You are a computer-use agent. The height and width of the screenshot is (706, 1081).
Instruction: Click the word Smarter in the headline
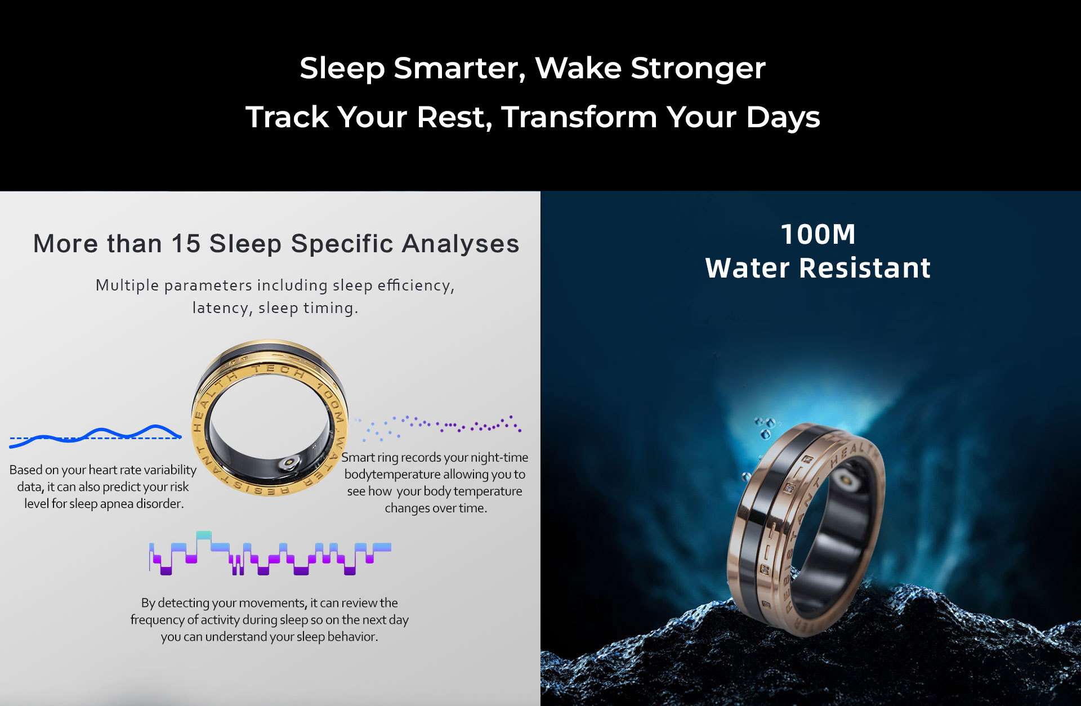click(x=459, y=69)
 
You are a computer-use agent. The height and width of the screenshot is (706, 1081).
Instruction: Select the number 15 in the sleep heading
click(x=186, y=244)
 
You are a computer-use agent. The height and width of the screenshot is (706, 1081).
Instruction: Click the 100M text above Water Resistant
click(x=818, y=234)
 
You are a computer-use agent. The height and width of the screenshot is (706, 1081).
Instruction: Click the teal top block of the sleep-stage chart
click(x=204, y=535)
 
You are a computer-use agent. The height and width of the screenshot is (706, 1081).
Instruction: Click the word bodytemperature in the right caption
click(x=392, y=474)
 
